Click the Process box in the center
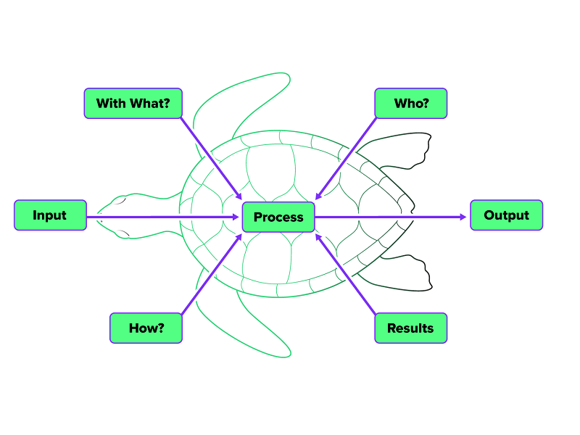click(x=278, y=217)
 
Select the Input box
click(x=50, y=215)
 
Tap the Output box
click(x=506, y=215)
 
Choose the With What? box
click(x=133, y=103)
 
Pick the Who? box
click(x=411, y=103)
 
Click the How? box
click(x=146, y=328)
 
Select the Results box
click(x=410, y=328)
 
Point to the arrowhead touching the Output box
click(x=465, y=216)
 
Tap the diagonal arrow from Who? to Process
click(x=346, y=157)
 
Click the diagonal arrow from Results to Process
click(x=346, y=274)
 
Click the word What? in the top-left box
click(x=150, y=103)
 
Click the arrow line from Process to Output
click(x=391, y=216)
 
